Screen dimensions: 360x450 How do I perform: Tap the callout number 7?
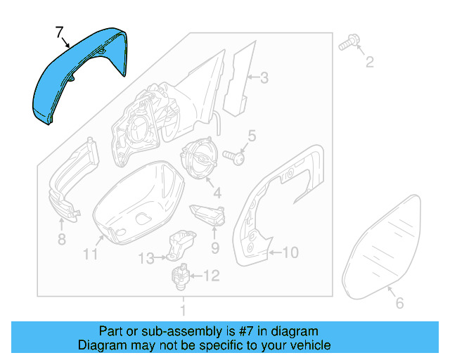pyautogui.click(x=60, y=31)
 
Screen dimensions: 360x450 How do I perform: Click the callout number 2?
pyautogui.click(x=369, y=64)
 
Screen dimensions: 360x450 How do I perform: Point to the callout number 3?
pyautogui.click(x=264, y=78)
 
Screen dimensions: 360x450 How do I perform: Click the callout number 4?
pyautogui.click(x=217, y=192)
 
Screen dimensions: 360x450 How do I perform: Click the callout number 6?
pyautogui.click(x=399, y=303)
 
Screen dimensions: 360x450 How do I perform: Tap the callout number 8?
pyautogui.click(x=61, y=240)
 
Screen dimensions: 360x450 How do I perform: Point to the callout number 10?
pyautogui.click(x=290, y=251)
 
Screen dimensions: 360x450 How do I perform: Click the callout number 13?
pyautogui.click(x=145, y=259)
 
